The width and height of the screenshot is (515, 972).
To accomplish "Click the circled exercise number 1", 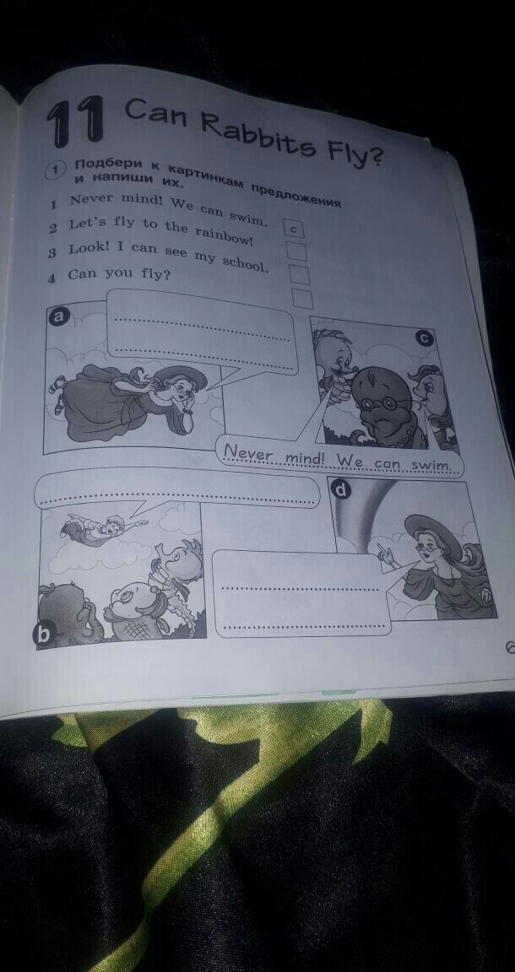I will [53, 170].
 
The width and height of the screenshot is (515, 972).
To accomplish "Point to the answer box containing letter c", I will [293, 229].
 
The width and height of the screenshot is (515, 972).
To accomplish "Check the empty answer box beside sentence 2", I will [296, 251].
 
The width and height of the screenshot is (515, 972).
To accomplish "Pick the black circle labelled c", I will [425, 337].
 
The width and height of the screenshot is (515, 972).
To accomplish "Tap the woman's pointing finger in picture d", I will [382, 551].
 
